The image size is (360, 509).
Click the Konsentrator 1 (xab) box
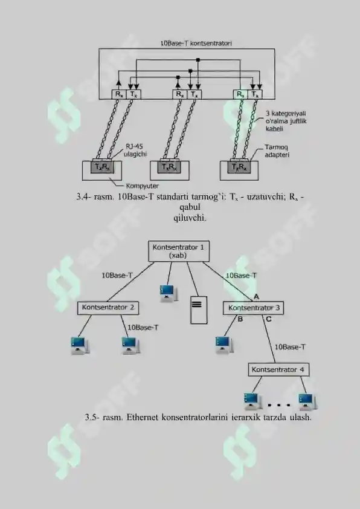[179, 251]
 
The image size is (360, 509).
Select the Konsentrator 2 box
[108, 308]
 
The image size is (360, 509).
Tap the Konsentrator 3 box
[253, 308]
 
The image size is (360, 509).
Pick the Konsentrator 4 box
[278, 370]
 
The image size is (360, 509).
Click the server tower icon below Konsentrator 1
[199, 310]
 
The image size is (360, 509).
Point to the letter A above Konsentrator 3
[256, 297]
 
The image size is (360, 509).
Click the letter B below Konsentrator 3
[240, 319]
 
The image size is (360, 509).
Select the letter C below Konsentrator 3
[269, 319]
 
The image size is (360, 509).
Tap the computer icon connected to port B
[224, 345]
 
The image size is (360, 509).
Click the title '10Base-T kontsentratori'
[196, 43]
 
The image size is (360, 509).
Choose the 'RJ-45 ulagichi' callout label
[135, 151]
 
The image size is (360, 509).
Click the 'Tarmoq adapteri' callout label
[277, 151]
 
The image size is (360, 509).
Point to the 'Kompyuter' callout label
[143, 186]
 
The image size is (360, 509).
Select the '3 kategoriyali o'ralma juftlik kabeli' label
[286, 121]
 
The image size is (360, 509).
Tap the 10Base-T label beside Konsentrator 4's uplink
[290, 347]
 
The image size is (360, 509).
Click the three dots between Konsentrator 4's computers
[279, 405]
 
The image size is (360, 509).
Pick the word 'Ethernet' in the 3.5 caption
[141, 417]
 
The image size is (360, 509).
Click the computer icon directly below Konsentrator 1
[169, 293]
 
